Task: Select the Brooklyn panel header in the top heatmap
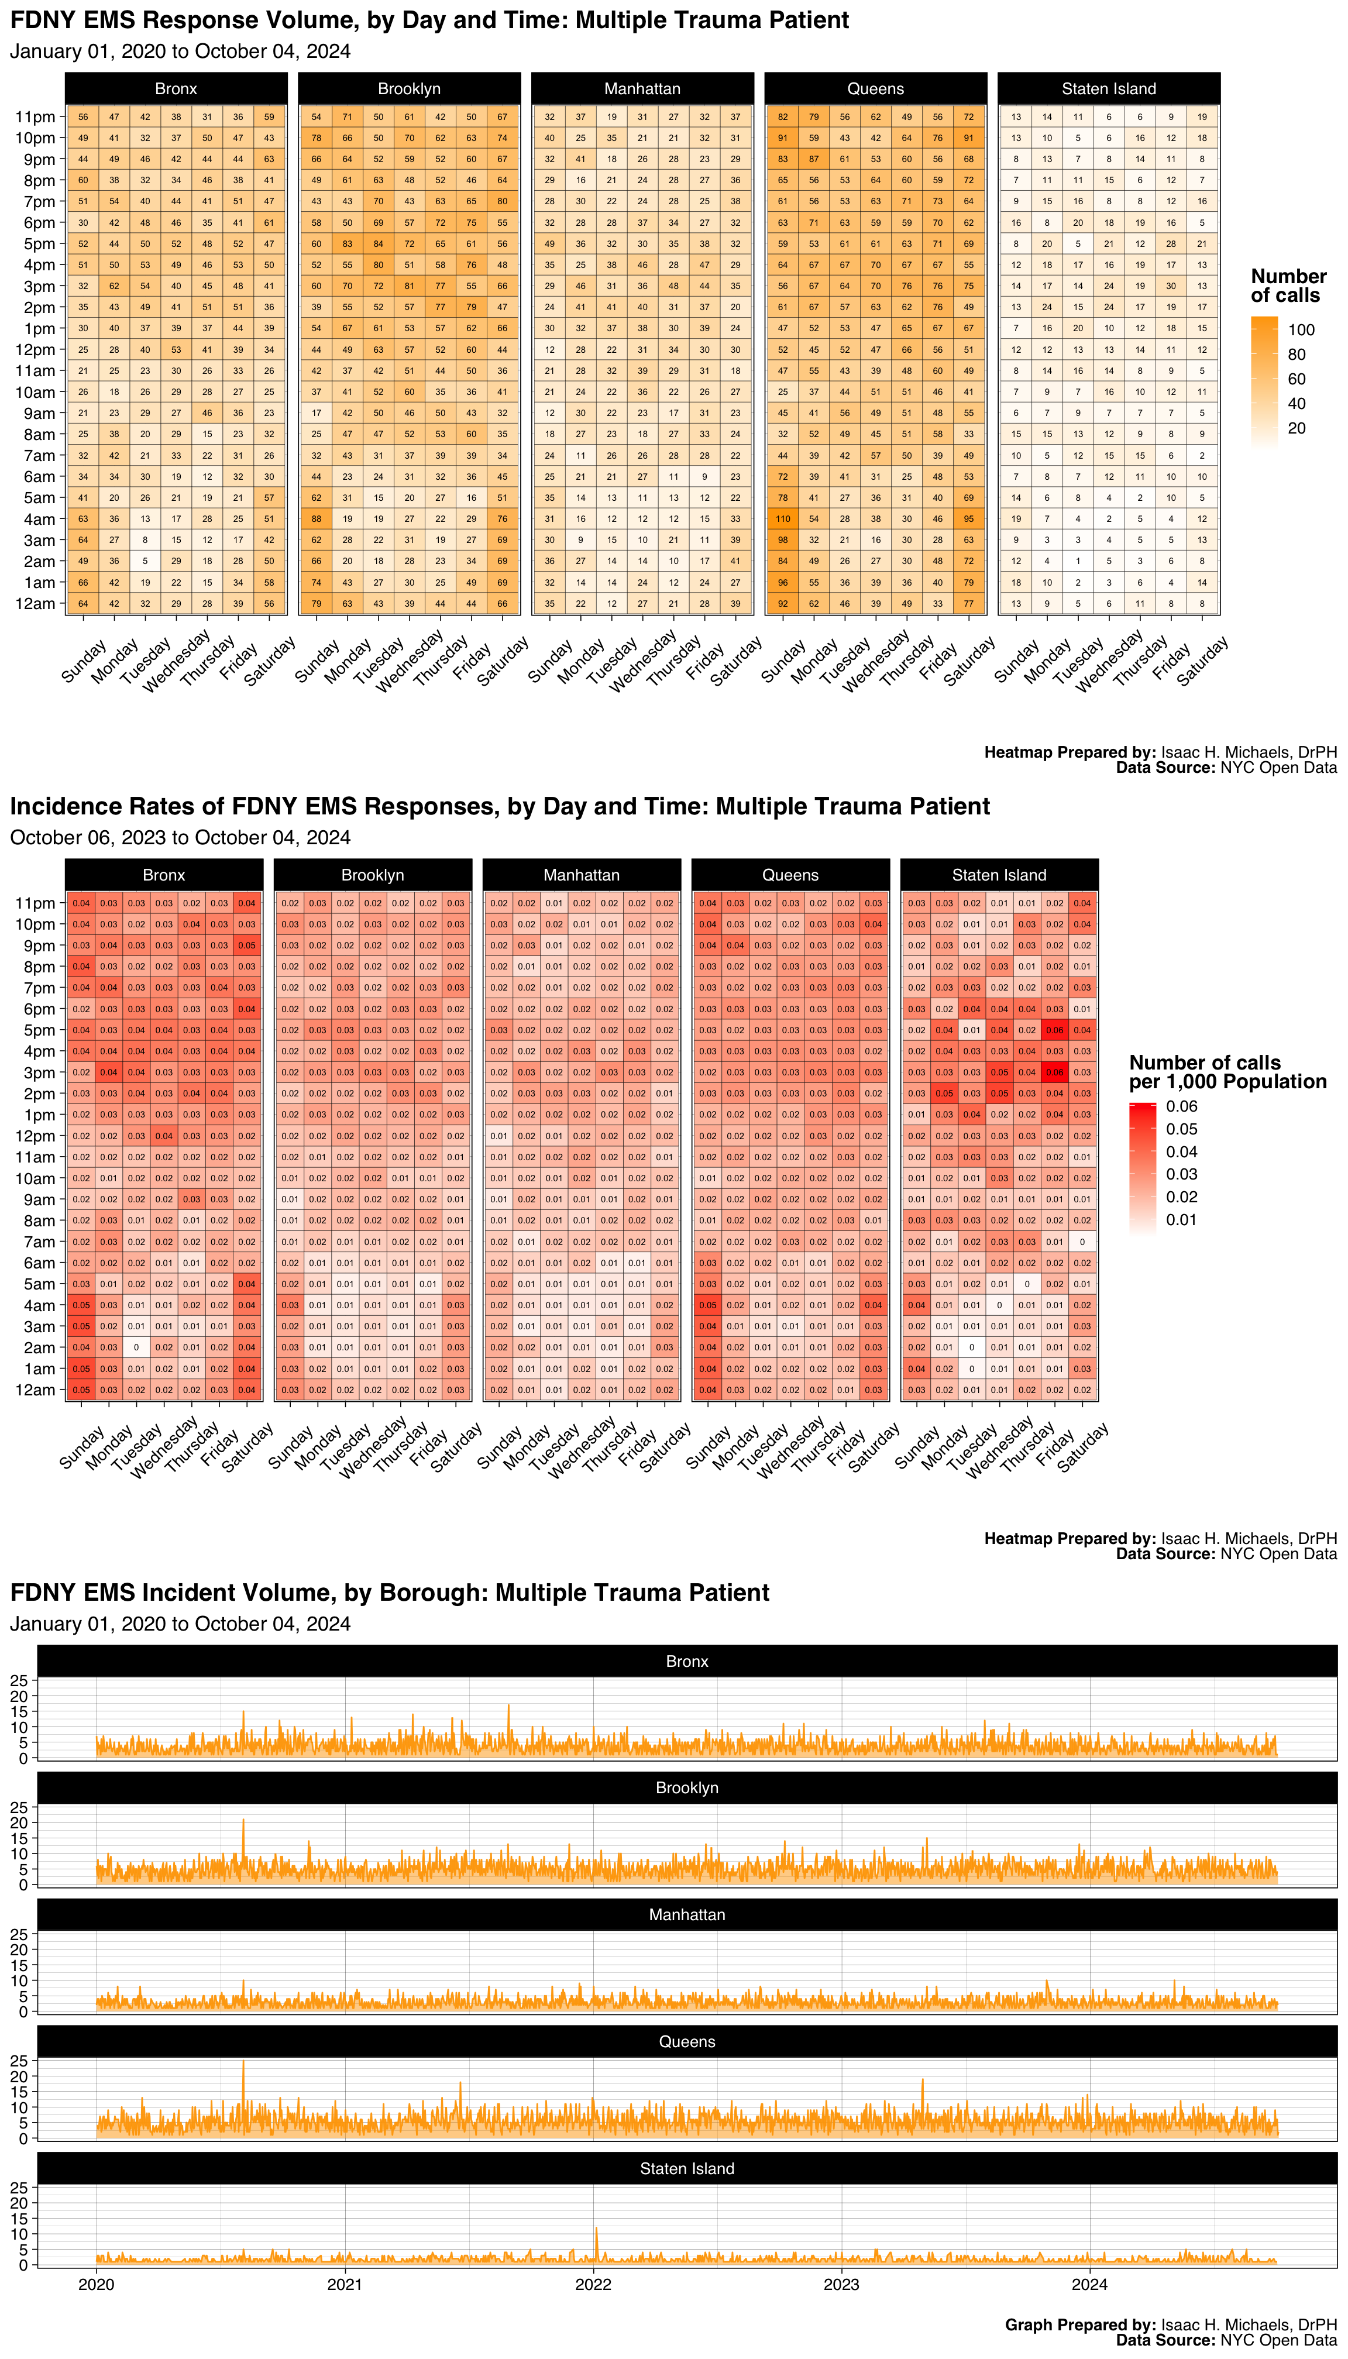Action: pos(409,89)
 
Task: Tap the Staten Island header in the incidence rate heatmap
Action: pos(999,875)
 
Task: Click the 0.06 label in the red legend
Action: pos(1181,1106)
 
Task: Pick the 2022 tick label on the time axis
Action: pos(593,2284)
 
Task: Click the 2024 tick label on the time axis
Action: pos(1090,2284)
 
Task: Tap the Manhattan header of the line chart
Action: pos(687,1914)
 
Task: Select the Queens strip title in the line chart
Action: pos(687,2041)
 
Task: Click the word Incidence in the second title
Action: pos(59,806)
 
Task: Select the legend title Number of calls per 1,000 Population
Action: pos(1227,1072)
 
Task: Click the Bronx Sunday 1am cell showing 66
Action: pos(83,582)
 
